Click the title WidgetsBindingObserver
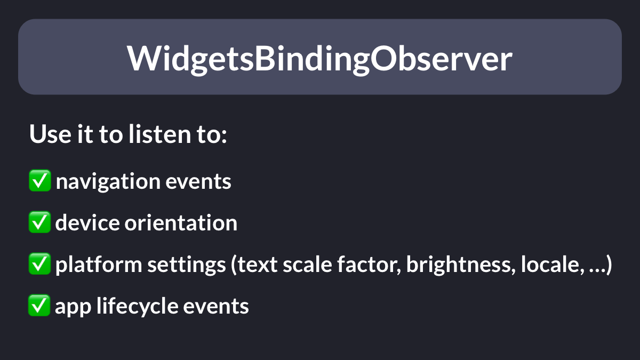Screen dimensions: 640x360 point(319,59)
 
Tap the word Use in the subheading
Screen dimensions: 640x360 point(50,134)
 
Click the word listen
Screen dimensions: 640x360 point(160,134)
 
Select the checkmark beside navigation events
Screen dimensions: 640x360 point(40,180)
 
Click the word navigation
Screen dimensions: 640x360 point(108,182)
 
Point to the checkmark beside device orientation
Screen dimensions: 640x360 point(39,222)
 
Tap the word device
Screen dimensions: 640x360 point(87,222)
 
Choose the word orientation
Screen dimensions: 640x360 point(181,222)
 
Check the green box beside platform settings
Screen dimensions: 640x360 point(39,263)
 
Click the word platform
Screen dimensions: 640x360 point(99,265)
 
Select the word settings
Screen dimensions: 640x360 point(187,265)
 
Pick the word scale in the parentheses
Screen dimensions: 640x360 point(307,265)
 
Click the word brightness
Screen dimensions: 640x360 point(461,265)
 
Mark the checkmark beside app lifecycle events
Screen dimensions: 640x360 point(39,305)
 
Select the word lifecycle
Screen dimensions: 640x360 point(137,306)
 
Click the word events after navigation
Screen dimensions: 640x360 point(198,182)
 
